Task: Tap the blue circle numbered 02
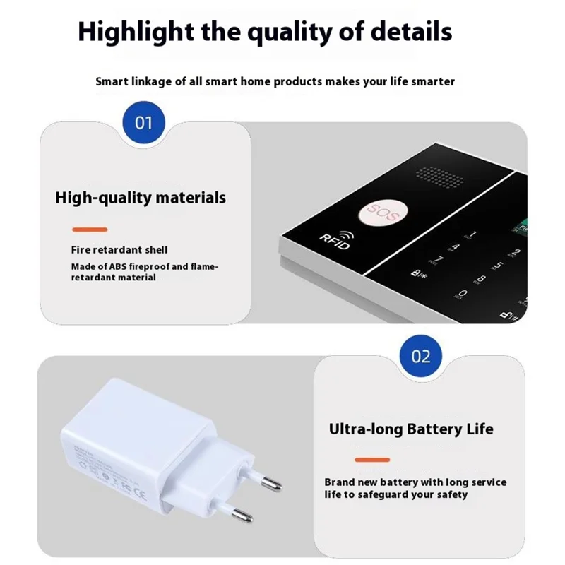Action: (x=421, y=356)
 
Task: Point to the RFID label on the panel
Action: (x=334, y=242)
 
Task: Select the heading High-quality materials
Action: (x=141, y=197)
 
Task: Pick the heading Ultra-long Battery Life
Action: (x=411, y=429)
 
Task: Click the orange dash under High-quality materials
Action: (x=90, y=229)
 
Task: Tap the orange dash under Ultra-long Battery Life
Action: (x=371, y=460)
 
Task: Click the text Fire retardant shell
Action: (x=119, y=250)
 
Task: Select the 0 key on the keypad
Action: (x=463, y=294)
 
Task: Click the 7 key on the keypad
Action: (x=439, y=262)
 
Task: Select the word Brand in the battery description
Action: (x=340, y=482)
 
